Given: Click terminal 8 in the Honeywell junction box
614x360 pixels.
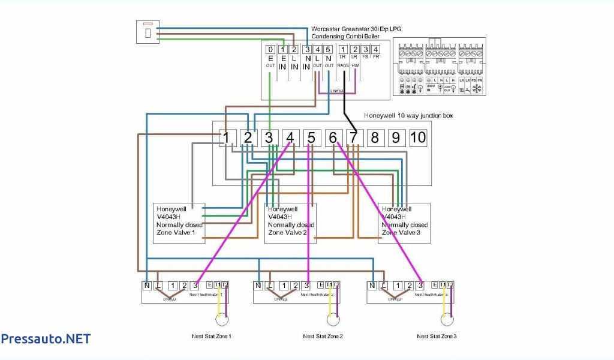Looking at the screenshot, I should pos(375,138).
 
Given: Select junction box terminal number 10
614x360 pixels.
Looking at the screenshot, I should pos(418,138).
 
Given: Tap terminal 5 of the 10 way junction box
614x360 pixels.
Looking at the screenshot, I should pos(311,138).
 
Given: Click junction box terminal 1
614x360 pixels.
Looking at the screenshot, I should pos(226,138).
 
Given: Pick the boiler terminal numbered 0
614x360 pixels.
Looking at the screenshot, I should pos(270,50).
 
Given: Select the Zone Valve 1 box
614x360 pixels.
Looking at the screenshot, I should pos(179,223).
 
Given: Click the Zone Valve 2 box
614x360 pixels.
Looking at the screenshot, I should pos(290,223).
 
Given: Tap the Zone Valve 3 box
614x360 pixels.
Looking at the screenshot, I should pos(404,223).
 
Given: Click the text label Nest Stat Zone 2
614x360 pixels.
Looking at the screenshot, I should pos(323,337).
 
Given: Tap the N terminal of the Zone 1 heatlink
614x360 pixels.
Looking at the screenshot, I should pos(148,286).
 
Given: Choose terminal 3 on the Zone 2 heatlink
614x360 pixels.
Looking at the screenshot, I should pos(306,286).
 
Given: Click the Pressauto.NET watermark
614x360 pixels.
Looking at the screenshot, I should pos(46,339).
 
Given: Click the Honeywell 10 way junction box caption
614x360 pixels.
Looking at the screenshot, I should pos(408,115).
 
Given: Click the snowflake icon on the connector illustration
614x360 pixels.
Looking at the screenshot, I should pos(478,89).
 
